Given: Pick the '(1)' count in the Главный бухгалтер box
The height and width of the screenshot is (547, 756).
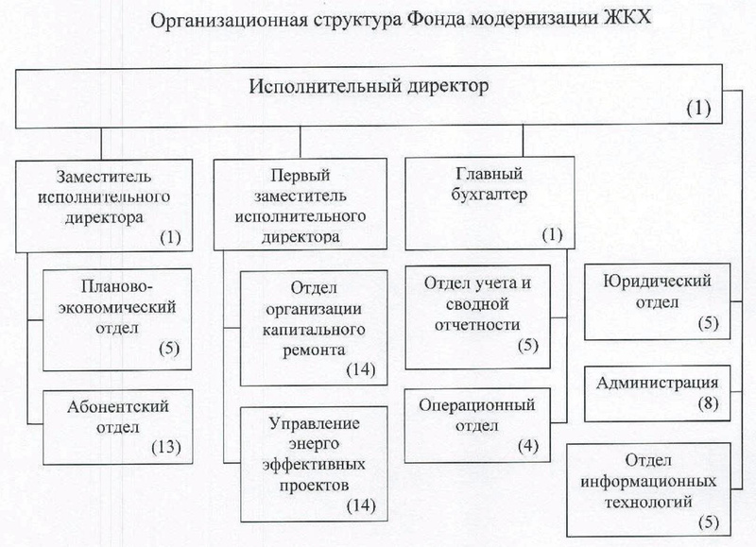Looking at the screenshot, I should click(551, 234).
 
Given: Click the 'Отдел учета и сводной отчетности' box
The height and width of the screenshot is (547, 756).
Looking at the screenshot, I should click(485, 316).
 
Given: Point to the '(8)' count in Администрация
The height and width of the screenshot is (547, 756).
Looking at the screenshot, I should click(705, 404).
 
